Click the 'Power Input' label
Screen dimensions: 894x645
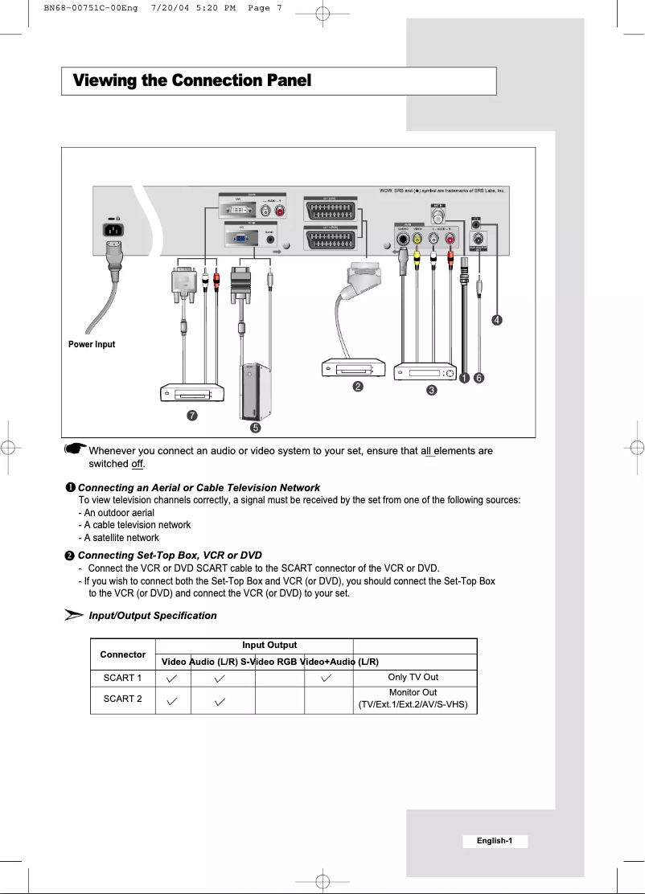92,344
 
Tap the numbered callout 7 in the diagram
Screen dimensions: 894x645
191,416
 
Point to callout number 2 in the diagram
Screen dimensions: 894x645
357,387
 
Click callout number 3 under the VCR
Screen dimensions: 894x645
432,391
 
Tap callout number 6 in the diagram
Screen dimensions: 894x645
479,377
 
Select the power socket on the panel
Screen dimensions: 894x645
115,229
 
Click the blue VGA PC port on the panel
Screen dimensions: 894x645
240,239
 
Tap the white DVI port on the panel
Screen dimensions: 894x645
238,210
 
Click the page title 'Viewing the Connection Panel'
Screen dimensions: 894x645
191,81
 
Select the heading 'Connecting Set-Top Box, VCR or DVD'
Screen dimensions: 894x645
169,556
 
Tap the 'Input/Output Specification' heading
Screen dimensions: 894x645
152,616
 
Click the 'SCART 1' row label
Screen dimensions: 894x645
123,678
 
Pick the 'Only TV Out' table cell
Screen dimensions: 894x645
413,678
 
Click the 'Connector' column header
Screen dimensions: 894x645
123,654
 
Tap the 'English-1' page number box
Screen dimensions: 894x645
495,841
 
